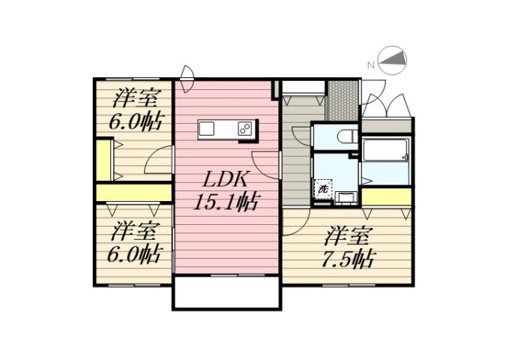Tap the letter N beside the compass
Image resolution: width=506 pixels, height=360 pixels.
click(370, 65)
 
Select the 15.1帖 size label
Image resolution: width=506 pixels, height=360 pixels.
click(226, 202)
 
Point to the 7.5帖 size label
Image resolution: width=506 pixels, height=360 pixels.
click(349, 259)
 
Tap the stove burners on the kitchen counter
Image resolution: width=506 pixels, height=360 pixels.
click(246, 128)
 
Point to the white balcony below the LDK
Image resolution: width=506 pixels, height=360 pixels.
click(227, 292)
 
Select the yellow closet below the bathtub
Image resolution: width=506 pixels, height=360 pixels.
click(386, 196)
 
